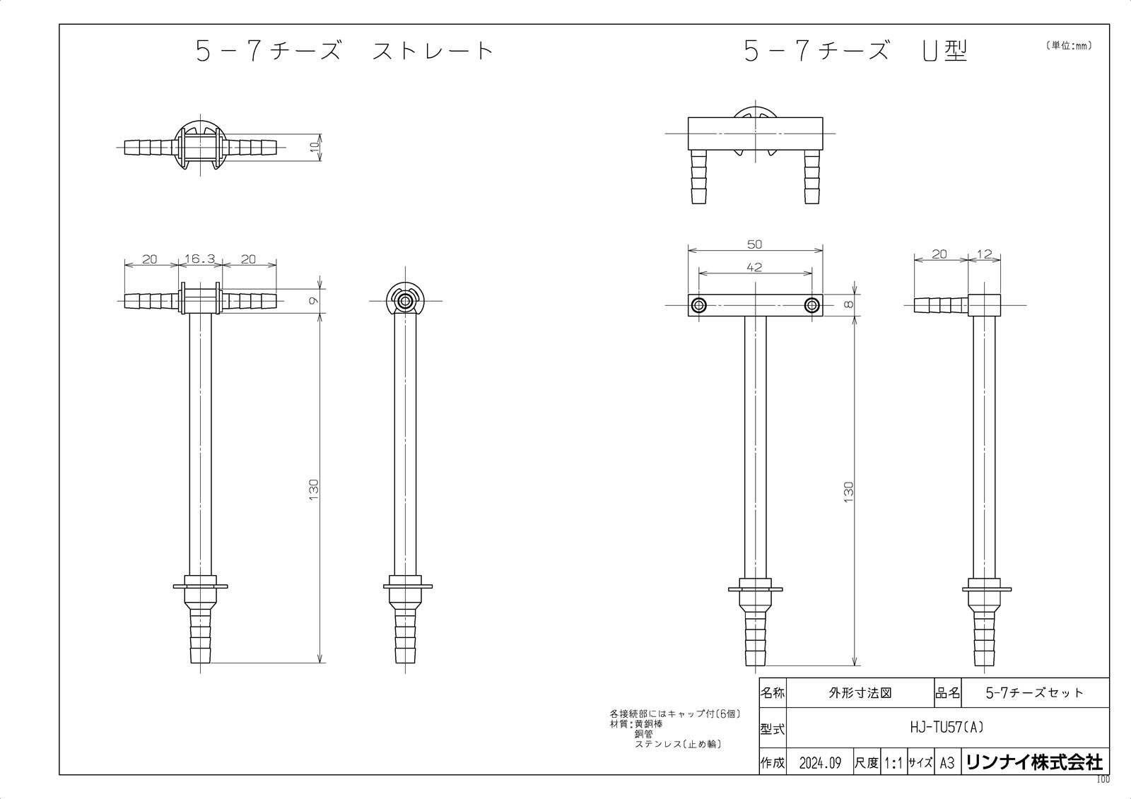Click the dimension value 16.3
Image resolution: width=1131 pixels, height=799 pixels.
(199, 259)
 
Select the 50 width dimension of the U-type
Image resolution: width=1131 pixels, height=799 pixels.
(755, 244)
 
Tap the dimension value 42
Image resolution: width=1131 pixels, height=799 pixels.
(755, 267)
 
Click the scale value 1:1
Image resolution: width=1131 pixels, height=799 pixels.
(893, 764)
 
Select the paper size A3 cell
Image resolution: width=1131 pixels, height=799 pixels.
(947, 764)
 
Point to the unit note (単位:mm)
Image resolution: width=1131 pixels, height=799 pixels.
(1068, 46)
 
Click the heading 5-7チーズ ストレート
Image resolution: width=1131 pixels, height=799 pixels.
(344, 52)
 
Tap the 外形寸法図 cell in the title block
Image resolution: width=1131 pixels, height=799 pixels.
(859, 693)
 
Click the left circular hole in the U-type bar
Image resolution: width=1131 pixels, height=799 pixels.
(699, 305)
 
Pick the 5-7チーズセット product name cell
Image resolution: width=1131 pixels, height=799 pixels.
(1034, 693)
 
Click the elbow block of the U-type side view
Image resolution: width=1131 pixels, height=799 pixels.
(985, 305)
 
